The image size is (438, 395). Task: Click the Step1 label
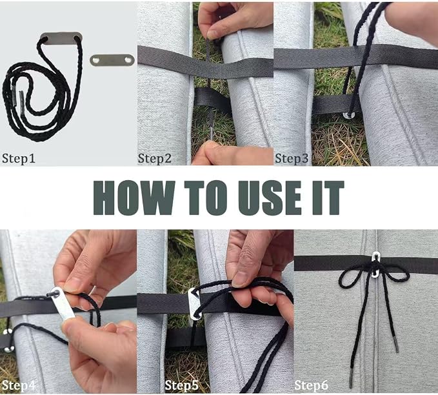point(19,158)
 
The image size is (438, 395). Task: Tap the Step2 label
point(154,158)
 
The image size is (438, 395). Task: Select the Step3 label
point(292,158)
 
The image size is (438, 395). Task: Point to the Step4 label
point(19,385)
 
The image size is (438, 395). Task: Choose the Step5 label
point(181,385)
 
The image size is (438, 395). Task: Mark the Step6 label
point(311,385)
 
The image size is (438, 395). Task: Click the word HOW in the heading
point(134,197)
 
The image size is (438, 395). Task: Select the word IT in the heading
point(328,197)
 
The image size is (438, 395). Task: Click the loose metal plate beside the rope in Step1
point(112,60)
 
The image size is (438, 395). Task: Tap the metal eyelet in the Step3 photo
point(349,115)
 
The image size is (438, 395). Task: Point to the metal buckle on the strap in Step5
point(195,304)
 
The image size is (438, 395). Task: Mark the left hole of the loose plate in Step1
point(96,60)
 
